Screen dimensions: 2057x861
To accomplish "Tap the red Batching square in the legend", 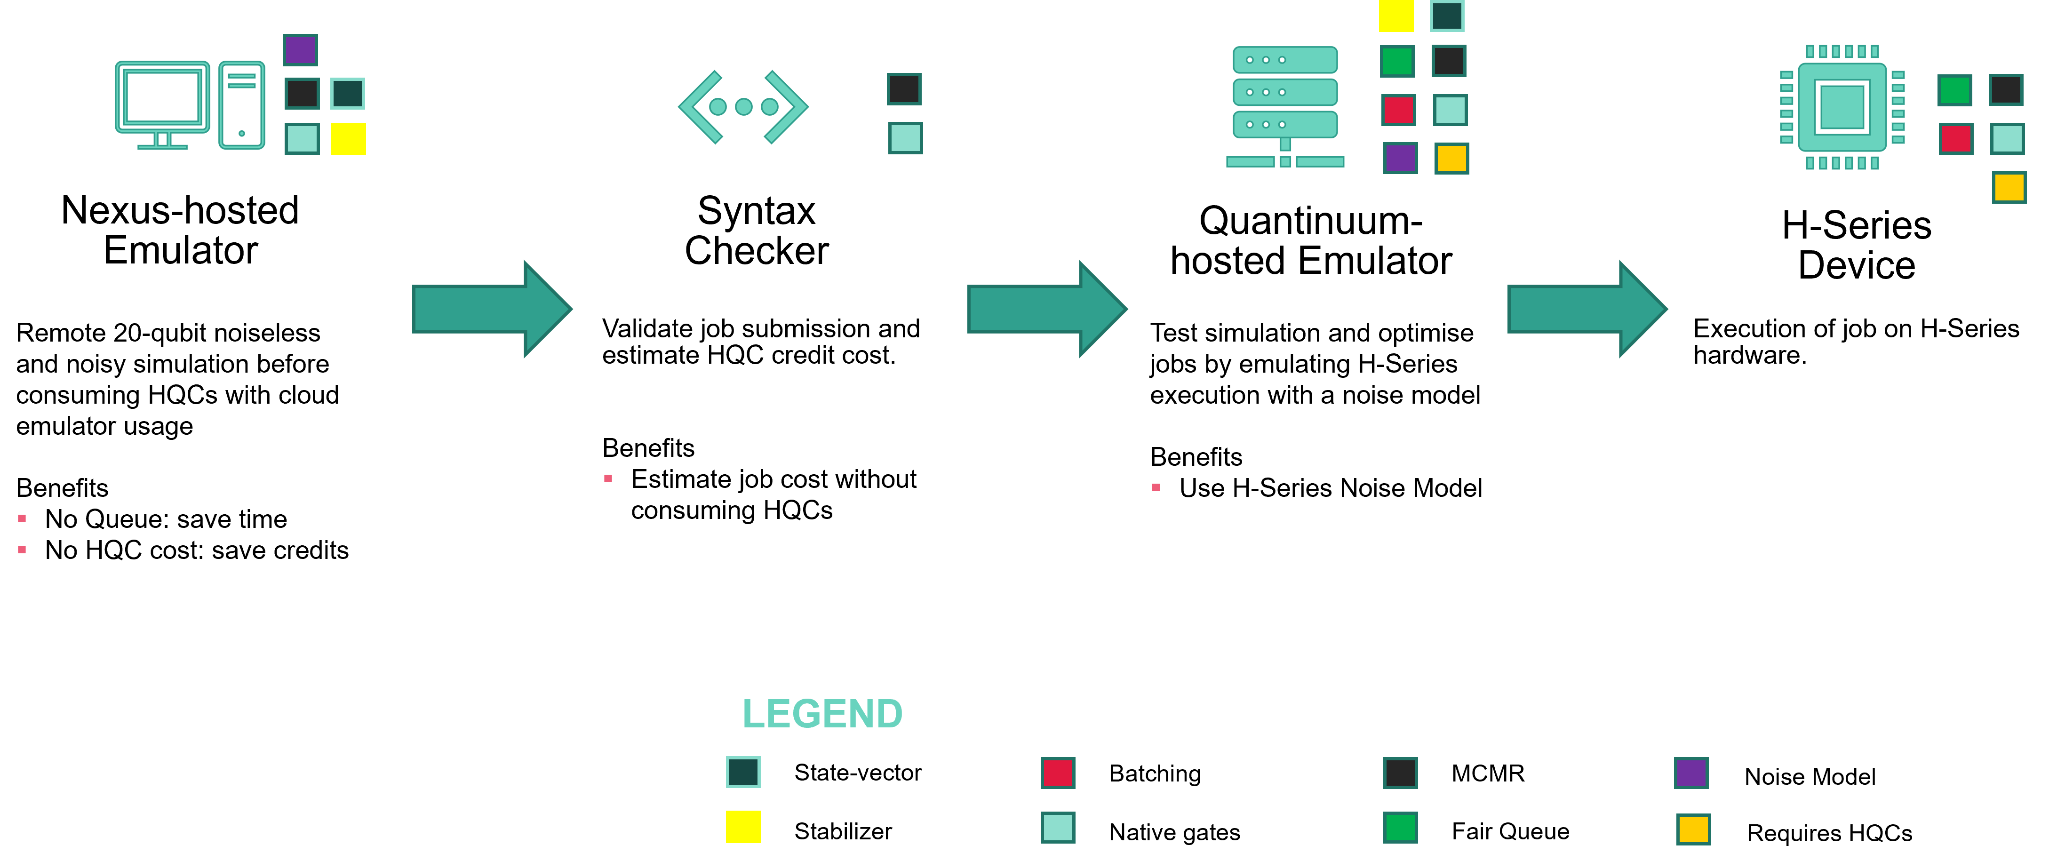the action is [x=1058, y=773].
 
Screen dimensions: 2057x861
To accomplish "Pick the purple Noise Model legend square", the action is [x=1691, y=773].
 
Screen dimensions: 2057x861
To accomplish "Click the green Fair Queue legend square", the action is [x=1401, y=828].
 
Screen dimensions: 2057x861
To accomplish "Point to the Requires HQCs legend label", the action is [x=1829, y=833].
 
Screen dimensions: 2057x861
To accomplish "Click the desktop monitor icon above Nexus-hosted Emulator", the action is [x=162, y=104].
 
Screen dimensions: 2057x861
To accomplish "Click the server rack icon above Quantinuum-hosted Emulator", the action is [x=1285, y=107].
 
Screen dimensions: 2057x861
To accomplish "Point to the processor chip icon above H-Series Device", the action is [x=1842, y=107].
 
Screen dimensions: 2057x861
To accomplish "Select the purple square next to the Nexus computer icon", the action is [x=300, y=49].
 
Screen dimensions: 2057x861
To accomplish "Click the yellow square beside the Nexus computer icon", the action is [x=348, y=138].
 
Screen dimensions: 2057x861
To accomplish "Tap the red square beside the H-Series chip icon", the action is [x=1955, y=138].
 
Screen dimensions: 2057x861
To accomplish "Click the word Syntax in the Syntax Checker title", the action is [x=756, y=211].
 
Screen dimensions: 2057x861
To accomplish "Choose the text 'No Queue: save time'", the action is [x=166, y=519].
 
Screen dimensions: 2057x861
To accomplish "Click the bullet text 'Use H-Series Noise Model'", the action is [x=1331, y=488].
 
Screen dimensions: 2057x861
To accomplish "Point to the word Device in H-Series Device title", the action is [x=1857, y=265].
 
